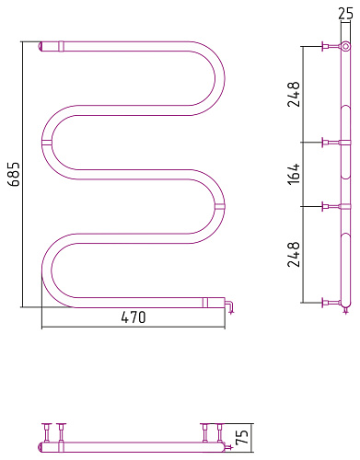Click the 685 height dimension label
(x=14, y=174)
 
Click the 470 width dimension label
(x=134, y=317)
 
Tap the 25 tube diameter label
(x=346, y=14)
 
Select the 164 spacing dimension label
(x=294, y=174)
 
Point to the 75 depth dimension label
(x=242, y=437)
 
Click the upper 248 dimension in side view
(x=294, y=94)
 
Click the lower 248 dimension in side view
(x=294, y=254)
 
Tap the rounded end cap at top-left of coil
(x=40, y=47)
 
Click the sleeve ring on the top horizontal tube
(x=61, y=46)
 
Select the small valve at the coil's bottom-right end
(x=229, y=307)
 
